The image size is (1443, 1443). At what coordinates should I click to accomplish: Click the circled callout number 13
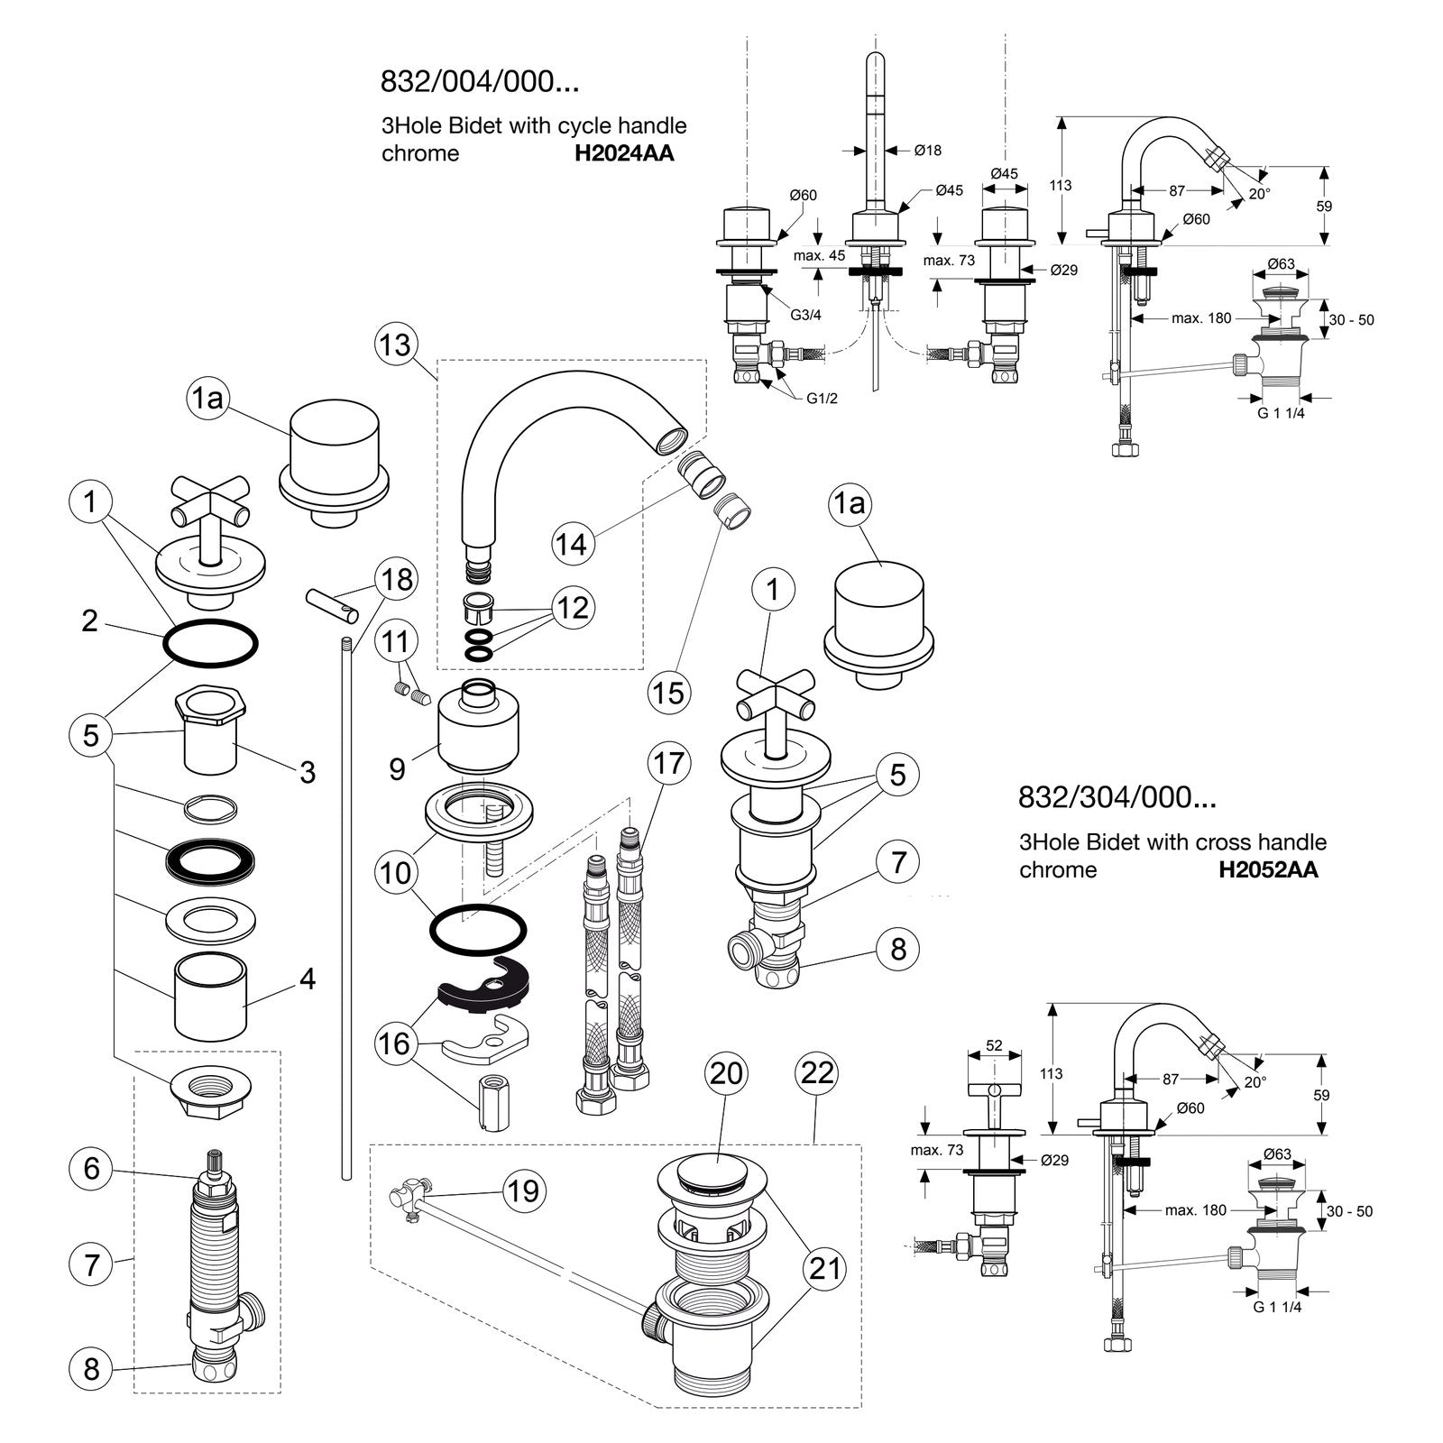point(395,345)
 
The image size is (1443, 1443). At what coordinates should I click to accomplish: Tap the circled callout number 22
point(817,1073)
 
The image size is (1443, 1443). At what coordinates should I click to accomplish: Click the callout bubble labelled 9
point(398,768)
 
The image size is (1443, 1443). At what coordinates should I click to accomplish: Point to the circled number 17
point(668,764)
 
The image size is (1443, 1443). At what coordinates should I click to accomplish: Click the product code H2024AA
point(625,153)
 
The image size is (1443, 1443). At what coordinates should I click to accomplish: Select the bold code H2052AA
point(1268,869)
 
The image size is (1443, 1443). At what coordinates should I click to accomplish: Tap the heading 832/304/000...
point(1117,797)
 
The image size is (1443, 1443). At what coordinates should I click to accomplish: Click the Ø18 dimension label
point(928,151)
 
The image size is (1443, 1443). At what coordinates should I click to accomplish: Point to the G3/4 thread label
point(806,315)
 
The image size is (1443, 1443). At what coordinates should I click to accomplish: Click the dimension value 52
point(994,1046)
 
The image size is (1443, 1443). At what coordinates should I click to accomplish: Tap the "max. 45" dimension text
point(820,255)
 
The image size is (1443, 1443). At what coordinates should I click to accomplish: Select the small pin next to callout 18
point(332,603)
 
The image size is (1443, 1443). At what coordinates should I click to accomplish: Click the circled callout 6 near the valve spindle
point(91,1169)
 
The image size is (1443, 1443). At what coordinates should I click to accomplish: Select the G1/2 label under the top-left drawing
point(822,398)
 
